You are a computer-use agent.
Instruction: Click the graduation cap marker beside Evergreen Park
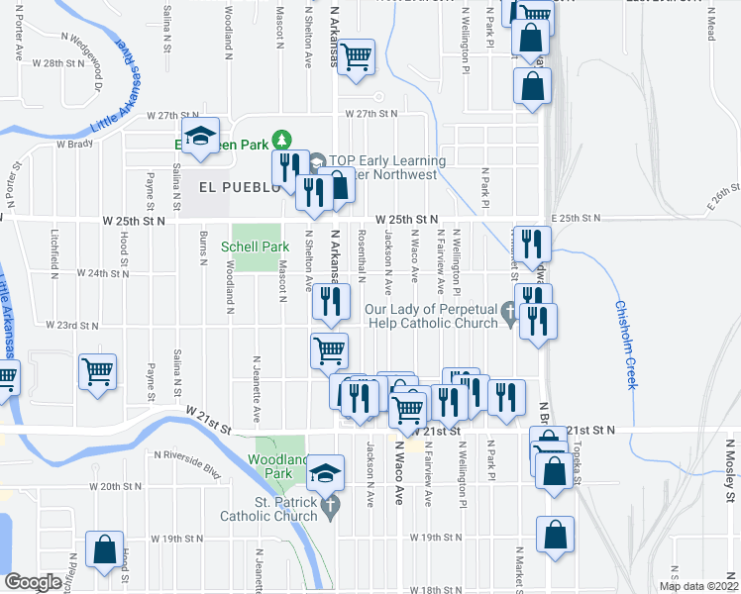(x=200, y=139)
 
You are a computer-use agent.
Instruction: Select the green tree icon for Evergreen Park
(x=283, y=140)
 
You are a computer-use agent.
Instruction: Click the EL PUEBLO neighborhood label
(x=234, y=187)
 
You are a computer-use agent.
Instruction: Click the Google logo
(x=33, y=582)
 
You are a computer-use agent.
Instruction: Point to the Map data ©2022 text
(x=698, y=586)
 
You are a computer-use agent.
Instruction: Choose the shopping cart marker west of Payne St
(x=98, y=372)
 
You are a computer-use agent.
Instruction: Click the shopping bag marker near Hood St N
(x=104, y=549)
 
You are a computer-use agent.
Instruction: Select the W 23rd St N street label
(x=74, y=325)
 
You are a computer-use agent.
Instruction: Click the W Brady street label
(x=73, y=144)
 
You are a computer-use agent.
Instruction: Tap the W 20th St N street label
(x=117, y=487)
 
